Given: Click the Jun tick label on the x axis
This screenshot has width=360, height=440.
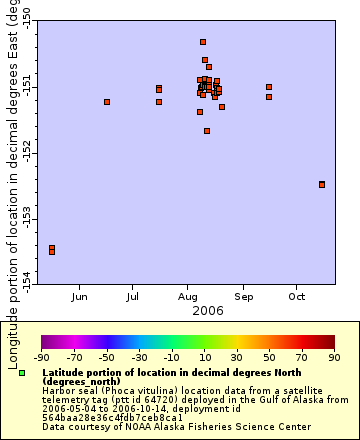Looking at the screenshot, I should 81,297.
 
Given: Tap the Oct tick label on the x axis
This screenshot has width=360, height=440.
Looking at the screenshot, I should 296,297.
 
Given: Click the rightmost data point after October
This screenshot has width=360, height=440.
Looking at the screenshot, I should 322,184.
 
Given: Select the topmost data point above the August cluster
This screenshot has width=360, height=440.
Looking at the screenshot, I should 203,42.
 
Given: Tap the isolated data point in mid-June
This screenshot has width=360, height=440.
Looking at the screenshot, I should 107,102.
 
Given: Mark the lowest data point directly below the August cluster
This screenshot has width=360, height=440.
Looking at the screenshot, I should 207,131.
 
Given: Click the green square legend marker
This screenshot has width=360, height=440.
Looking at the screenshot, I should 22,373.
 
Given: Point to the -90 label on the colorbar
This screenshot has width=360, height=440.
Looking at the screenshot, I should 42,356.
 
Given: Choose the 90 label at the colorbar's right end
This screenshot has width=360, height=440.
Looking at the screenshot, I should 333,356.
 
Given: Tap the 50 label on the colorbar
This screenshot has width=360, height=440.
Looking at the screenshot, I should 269,356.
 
